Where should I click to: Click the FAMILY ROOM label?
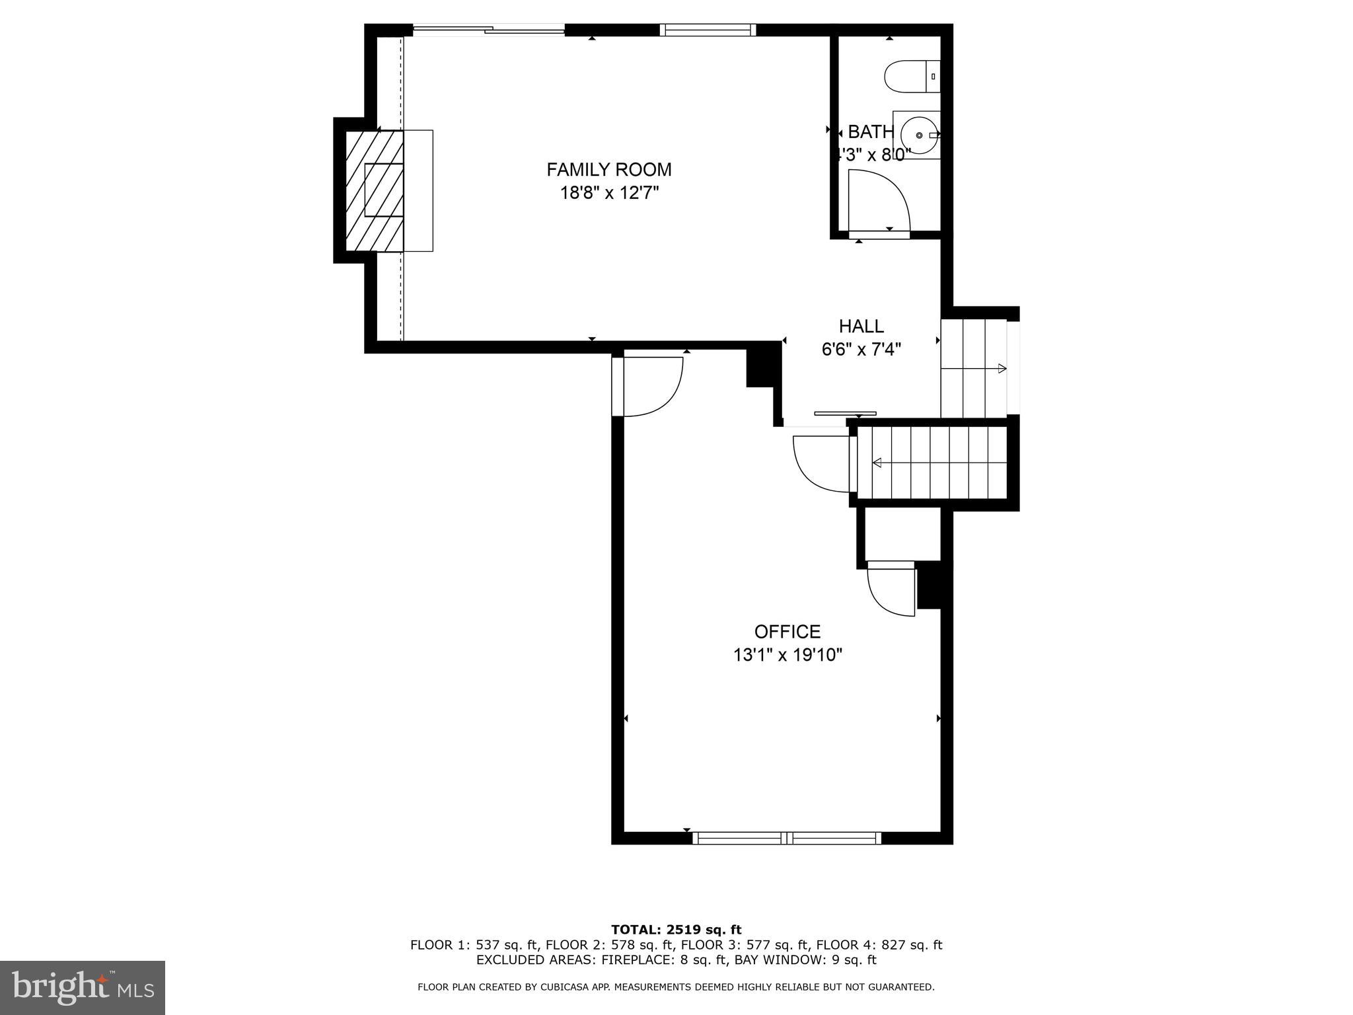point(608,170)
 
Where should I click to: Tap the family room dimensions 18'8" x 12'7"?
point(608,194)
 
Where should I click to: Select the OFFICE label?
point(787,632)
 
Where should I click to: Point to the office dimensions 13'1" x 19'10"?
point(787,656)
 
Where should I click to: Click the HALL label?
point(861,326)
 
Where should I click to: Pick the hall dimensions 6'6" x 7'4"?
point(861,350)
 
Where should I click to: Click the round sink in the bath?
point(919,135)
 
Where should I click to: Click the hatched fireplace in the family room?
point(375,191)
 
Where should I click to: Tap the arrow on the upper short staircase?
point(1001,369)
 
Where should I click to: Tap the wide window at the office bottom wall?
point(786,838)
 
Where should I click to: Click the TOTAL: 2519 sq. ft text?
point(676,930)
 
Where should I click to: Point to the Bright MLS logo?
point(82,987)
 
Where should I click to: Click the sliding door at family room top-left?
point(489,30)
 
